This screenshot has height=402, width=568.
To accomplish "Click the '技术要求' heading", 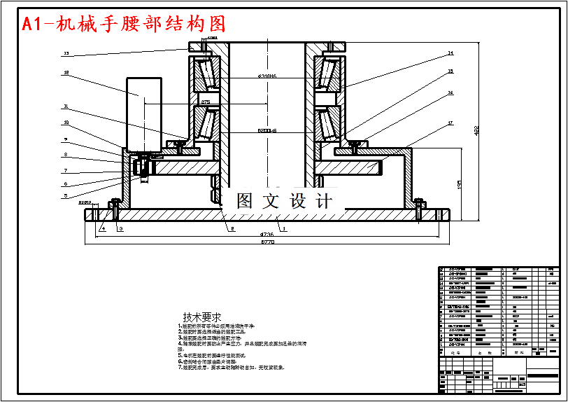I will pyautogui.click(x=201, y=317).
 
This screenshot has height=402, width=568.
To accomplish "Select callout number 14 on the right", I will pyautogui.click(x=450, y=53).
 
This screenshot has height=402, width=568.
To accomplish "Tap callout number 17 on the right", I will pyautogui.click(x=450, y=124).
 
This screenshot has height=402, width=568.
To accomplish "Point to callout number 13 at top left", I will pyautogui.click(x=66, y=53).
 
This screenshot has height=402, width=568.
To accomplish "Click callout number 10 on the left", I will pyautogui.click(x=66, y=123).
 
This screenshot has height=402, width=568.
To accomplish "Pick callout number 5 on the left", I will pyautogui.click(x=66, y=196).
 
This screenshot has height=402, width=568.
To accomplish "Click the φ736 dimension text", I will pyautogui.click(x=267, y=234).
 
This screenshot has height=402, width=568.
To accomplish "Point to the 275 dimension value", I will pyautogui.click(x=206, y=102).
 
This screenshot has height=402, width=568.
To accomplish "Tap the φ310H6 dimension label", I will pyautogui.click(x=268, y=76).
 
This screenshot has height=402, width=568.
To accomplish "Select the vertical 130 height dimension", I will pyautogui.click(x=458, y=183).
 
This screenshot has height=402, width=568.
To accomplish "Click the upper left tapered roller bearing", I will pyautogui.click(x=206, y=75).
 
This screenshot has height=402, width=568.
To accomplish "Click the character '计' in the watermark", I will pyautogui.click(x=323, y=201).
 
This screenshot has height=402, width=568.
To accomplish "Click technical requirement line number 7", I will pyautogui.click(x=231, y=367).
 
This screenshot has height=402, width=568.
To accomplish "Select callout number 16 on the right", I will pyautogui.click(x=450, y=92).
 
